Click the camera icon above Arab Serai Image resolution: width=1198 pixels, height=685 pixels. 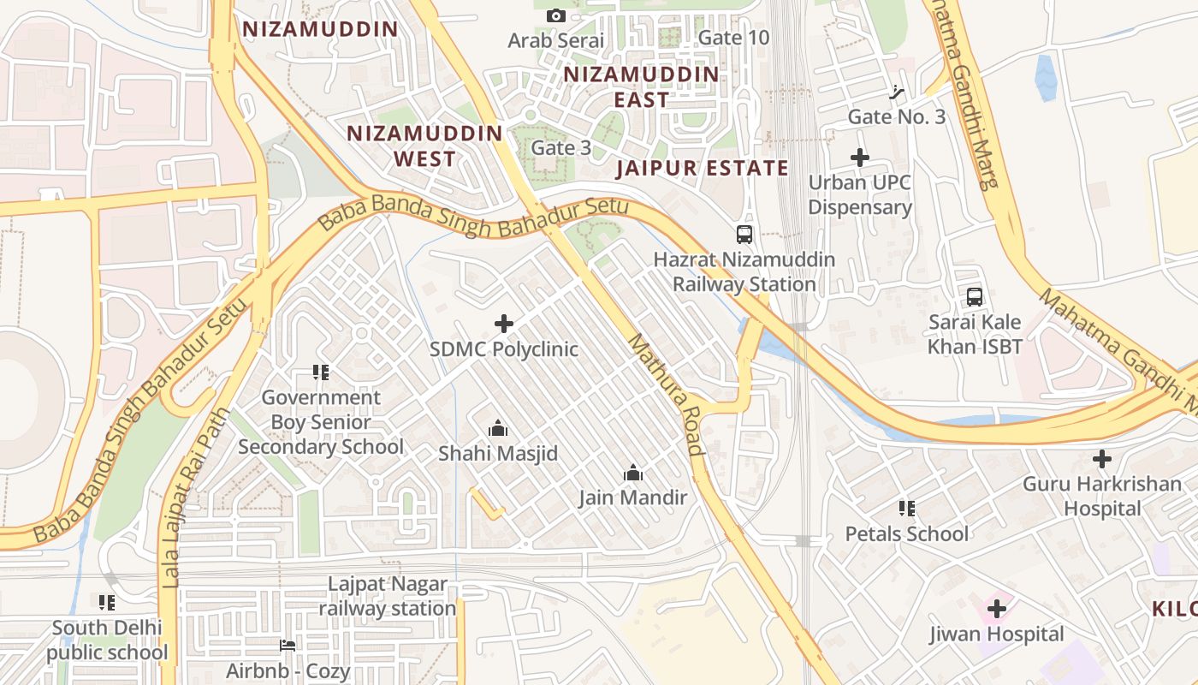pos(555,15)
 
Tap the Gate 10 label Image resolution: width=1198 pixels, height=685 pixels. pos(733,38)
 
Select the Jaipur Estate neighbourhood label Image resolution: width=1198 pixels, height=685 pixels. pos(702,168)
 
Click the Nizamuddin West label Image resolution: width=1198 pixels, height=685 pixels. pos(424,146)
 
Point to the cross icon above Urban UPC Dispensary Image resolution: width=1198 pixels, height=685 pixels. pos(860,158)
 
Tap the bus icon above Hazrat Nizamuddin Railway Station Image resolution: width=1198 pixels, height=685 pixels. pos(744,234)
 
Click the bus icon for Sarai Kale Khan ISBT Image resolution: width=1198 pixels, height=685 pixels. pos(975,297)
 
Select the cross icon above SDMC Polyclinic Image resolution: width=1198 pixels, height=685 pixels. pos(504,324)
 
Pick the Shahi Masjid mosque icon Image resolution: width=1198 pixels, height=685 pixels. pos(497,428)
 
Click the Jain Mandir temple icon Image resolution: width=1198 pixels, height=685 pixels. pos(633,473)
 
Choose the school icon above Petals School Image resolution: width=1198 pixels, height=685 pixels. pos(907,509)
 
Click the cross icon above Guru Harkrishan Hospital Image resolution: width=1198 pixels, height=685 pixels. pos(1102,459)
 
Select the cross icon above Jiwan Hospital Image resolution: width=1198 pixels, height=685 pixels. pos(996,609)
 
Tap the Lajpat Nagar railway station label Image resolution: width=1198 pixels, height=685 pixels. pos(388,597)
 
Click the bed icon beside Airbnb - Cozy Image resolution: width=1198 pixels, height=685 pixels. pos(288,645)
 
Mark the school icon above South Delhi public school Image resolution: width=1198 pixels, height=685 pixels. pos(107,603)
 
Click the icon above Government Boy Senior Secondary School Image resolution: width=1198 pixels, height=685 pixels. pos(321,372)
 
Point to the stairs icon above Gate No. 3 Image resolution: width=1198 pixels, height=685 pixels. pos(897,92)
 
